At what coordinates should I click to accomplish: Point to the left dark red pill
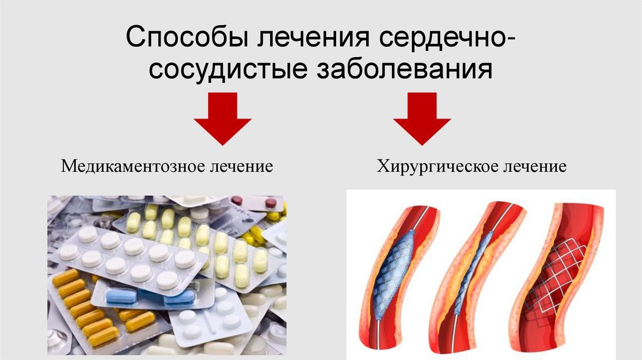(x=237, y=201)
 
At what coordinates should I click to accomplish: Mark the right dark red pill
(x=270, y=203)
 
